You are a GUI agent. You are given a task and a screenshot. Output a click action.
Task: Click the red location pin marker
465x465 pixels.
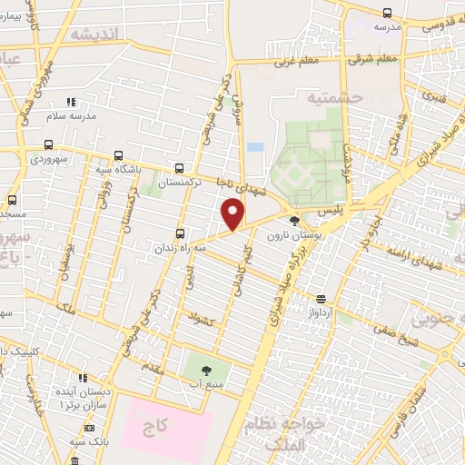233,213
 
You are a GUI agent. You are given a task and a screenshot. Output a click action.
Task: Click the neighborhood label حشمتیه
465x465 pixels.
333,95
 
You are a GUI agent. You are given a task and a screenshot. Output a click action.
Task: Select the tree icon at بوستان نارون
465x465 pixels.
292,220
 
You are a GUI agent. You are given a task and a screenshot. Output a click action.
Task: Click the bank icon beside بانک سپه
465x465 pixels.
89,428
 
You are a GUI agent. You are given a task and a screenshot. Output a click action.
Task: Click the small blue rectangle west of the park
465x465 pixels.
255,147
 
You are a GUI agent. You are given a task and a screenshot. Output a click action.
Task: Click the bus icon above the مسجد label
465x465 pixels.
12,200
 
